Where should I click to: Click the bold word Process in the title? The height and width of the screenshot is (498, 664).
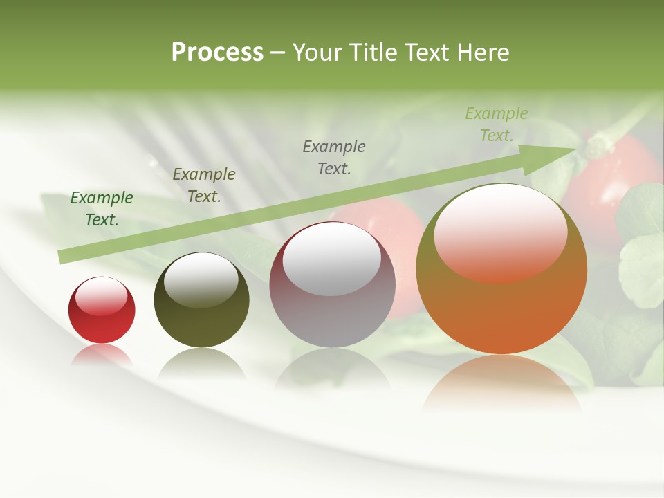click(x=217, y=52)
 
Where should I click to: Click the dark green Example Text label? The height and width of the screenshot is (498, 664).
click(x=102, y=209)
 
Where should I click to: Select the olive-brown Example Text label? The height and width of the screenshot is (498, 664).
click(x=204, y=185)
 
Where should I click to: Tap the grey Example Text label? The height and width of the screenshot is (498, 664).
click(x=334, y=157)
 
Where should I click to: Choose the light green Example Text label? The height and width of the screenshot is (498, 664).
click(x=497, y=124)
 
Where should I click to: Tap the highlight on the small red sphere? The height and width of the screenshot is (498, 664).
click(x=102, y=296)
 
